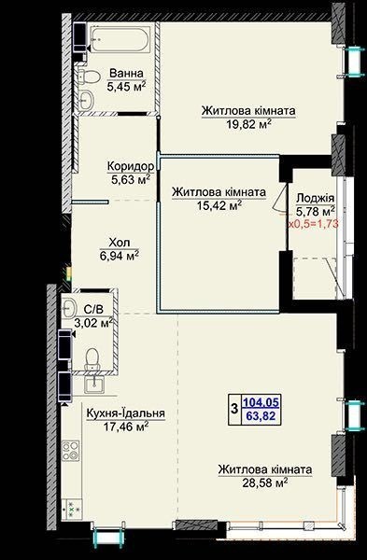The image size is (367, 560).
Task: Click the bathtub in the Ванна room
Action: coord(119,39)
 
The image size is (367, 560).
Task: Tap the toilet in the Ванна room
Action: coord(89,77)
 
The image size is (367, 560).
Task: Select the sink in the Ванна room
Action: coord(86,100)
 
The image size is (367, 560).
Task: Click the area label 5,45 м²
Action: coord(126,87)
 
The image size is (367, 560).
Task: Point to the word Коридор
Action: coord(131,166)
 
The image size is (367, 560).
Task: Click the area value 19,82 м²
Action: coord(248,124)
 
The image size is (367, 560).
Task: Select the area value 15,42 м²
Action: coord(219,205)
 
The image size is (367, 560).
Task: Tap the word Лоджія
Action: coord(316,198)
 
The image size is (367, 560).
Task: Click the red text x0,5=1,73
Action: coord(314,224)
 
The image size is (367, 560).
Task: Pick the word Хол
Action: coord(120,243)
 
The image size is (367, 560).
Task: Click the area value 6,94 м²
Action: coord(120,256)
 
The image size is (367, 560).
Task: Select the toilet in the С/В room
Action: coord(92,359)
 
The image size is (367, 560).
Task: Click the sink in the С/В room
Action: coord(68,307)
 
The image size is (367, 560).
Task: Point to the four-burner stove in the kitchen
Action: coord(70,451)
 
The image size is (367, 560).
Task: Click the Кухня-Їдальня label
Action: coord(126,413)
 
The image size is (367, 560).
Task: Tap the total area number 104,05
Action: coord(261,402)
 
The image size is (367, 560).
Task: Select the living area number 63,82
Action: coord(261,415)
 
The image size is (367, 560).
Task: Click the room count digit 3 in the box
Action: coord(234,409)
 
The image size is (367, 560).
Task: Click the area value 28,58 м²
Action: coord(265,483)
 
